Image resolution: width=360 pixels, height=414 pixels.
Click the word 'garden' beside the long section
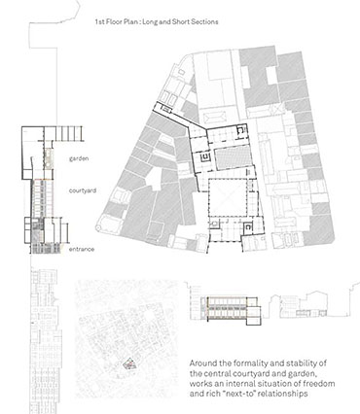tap(79, 159)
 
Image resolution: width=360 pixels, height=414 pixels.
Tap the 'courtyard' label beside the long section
tap(83, 190)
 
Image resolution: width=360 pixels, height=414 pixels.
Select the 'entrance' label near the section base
tap(82, 249)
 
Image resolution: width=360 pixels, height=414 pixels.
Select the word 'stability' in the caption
tap(301, 363)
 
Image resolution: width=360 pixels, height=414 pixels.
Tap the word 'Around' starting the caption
tap(200, 363)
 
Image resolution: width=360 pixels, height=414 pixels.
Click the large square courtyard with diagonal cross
tap(228, 197)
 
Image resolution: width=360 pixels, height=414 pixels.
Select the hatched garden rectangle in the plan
tap(234, 157)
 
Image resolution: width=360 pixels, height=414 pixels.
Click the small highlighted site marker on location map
tap(129, 364)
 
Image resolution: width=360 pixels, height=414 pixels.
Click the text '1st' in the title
tap(99, 22)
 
